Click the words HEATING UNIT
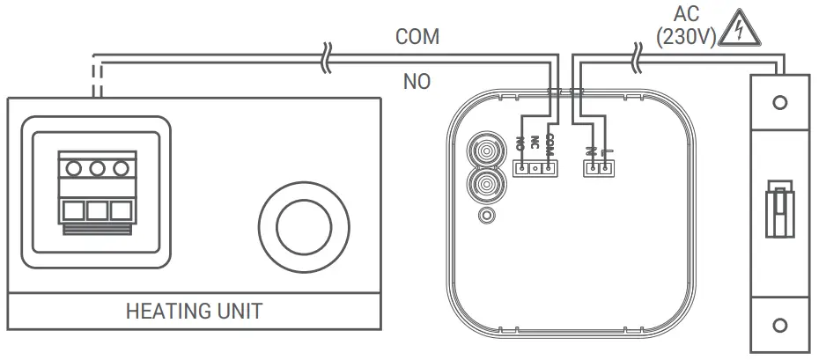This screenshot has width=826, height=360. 194,312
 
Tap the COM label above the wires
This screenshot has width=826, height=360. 417,37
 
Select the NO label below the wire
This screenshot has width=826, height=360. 417,82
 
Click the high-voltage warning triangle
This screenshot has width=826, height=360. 738,33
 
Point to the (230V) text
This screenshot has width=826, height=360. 685,37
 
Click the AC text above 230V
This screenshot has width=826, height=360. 686,13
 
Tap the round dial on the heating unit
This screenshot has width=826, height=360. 302,226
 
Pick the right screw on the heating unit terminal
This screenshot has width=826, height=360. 119,167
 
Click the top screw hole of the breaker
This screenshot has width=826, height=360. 778,103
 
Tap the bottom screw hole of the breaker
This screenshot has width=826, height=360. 778,327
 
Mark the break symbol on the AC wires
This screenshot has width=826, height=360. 636,59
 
